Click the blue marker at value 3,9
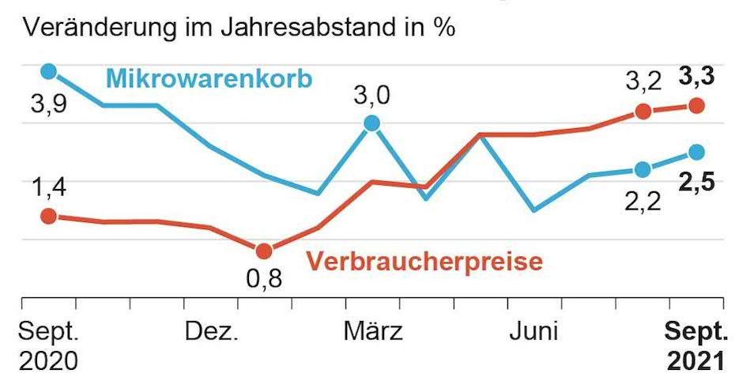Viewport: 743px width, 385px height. click(x=48, y=71)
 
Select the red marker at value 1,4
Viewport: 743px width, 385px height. click(x=48, y=216)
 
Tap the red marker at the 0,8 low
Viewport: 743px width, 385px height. click(x=264, y=251)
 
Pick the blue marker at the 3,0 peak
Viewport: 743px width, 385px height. click(x=371, y=123)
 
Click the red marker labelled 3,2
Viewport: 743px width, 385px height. click(x=643, y=111)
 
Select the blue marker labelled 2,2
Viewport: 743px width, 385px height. click(x=643, y=169)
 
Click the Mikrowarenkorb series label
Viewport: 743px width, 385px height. click(x=209, y=78)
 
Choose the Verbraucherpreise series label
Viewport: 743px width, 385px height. click(x=424, y=261)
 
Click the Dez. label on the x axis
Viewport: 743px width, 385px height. click(x=212, y=331)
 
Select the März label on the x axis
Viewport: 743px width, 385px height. click(x=373, y=331)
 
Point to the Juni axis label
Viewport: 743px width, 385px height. click(x=534, y=331)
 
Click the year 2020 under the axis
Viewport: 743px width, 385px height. click(x=48, y=361)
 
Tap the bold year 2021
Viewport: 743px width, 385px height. click(x=696, y=361)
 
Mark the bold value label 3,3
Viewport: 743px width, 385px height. click(x=696, y=78)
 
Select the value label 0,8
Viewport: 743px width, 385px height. click(x=264, y=279)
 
